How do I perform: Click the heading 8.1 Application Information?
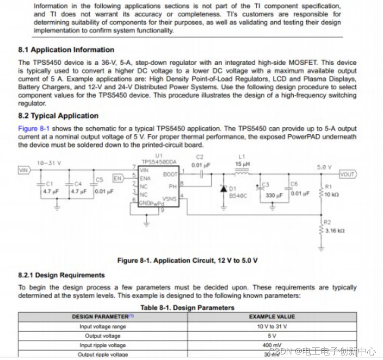coord(66,50)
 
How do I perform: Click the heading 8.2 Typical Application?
coord(58,116)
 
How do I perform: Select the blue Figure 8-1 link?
coord(33,128)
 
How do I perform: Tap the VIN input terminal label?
coord(24,170)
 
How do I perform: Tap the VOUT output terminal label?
coord(347,174)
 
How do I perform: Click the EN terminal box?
coord(118,178)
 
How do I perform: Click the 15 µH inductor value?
coord(242,164)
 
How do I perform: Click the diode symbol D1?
coord(224,189)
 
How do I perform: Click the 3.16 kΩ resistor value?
coord(334,230)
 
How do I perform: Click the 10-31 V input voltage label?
coord(49,163)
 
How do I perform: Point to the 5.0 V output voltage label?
coord(324,167)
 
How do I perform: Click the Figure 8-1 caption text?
coord(187,261)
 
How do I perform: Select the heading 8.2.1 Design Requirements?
coord(62,275)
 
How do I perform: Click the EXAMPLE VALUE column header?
coord(272,317)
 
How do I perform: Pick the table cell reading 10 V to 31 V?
coord(272,327)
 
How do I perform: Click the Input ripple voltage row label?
coord(103,345)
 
